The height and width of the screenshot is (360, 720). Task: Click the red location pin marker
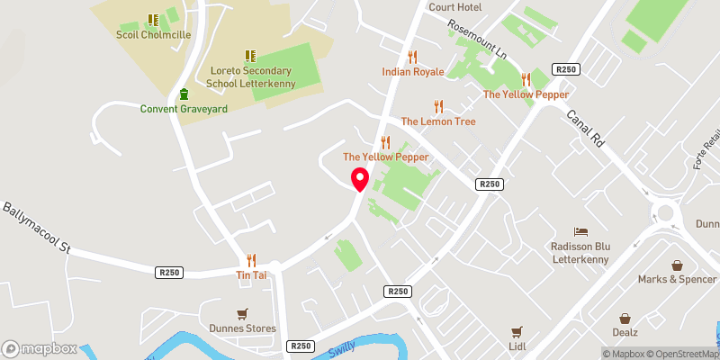pos(359,178)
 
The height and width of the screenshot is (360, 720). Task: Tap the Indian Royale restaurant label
pos(413,70)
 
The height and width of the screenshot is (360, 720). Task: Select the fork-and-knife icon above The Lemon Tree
pos(438,106)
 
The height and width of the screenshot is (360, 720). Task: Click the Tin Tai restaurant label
pos(251,274)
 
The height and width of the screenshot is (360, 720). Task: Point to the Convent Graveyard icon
pos(184,94)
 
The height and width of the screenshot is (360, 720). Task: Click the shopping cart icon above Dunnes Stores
pos(242,314)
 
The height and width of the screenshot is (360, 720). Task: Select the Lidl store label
pos(517,346)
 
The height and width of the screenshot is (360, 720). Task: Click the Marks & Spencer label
pos(676,279)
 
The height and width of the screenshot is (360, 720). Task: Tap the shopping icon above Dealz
pos(625,319)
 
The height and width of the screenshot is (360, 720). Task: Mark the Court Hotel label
pos(455,7)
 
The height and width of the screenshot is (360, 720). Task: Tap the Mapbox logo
pos(40,348)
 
